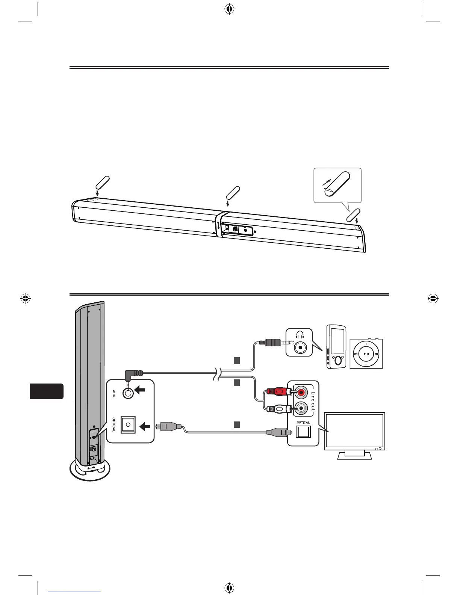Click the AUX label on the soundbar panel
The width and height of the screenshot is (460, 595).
(x=114, y=393)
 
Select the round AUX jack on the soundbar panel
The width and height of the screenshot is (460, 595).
(x=129, y=393)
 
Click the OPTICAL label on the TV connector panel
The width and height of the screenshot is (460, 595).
(x=303, y=423)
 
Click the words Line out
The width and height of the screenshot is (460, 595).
(x=313, y=403)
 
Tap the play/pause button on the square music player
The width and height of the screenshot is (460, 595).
(x=366, y=354)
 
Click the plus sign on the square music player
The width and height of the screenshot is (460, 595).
(x=366, y=343)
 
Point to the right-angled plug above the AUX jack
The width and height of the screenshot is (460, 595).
(x=133, y=374)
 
